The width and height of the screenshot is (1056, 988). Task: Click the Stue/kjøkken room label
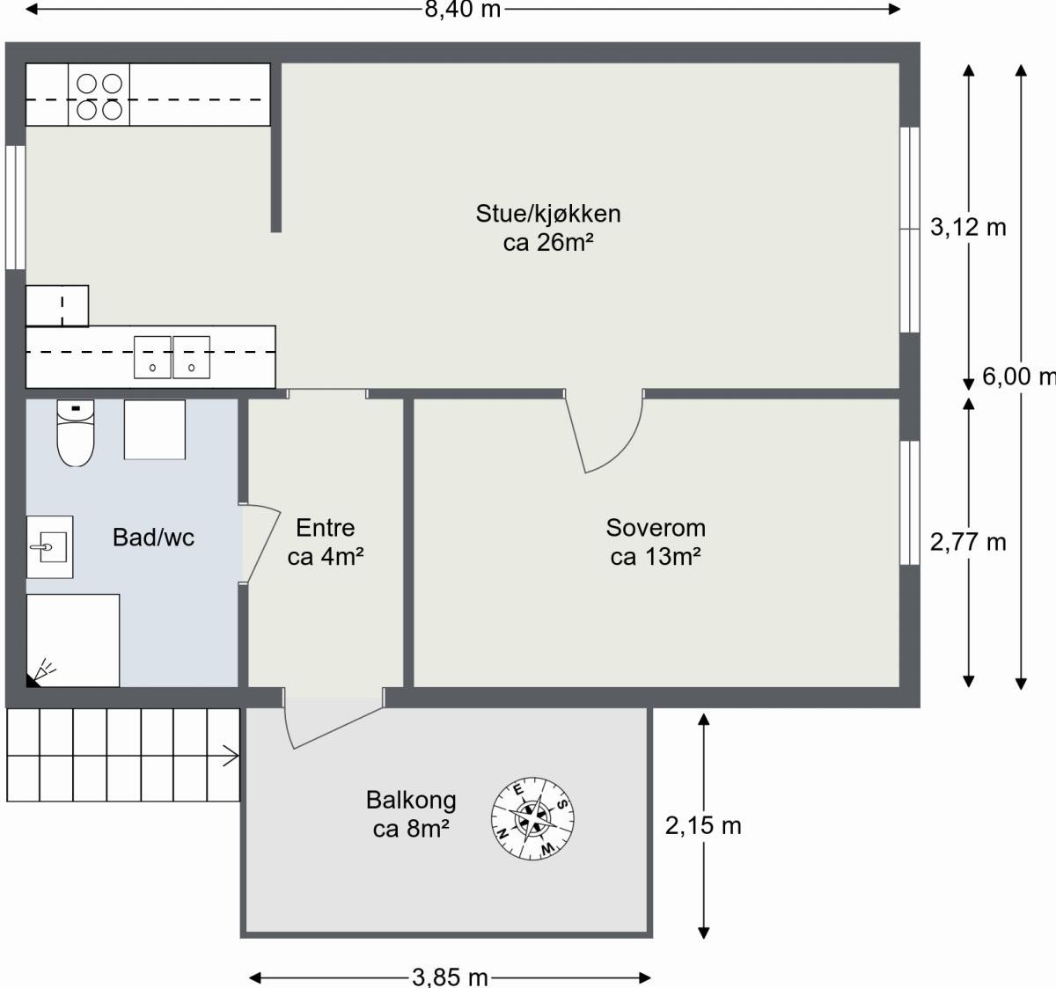coord(547,228)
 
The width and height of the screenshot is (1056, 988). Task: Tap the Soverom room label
coord(656,542)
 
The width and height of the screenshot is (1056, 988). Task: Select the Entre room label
coord(326,542)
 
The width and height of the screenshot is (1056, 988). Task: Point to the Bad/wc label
coord(153,538)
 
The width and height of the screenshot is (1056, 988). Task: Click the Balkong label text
coord(411,814)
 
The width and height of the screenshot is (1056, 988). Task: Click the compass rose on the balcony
coord(533,818)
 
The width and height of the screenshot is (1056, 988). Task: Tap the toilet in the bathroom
coord(76,432)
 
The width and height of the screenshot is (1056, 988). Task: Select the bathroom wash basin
coord(49,547)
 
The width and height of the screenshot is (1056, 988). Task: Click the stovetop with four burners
coord(99,96)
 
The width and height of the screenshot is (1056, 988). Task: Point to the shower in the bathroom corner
coord(73,640)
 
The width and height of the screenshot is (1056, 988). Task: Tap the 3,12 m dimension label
coord(968,228)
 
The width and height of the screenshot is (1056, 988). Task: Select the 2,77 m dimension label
coord(968,542)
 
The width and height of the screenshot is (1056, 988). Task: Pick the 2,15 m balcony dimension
coord(703,825)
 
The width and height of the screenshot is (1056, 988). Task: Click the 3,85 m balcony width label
coord(450,977)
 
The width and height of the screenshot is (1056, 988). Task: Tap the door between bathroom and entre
coord(260,543)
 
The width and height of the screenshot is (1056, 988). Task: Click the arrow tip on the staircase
coord(235,755)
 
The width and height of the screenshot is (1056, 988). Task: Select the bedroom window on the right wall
coord(909,502)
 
